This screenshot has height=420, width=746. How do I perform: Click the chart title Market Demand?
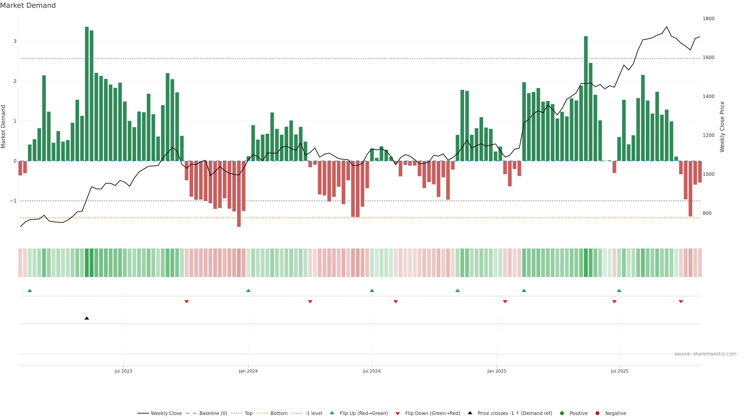point(28,5)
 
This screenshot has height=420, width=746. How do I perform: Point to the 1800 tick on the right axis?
point(708,18)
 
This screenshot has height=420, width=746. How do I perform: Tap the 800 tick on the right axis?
point(707,213)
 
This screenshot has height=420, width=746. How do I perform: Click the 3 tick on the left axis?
point(15,41)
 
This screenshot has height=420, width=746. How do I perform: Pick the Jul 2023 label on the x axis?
point(123,371)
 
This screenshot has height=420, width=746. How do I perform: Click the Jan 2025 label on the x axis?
point(497,371)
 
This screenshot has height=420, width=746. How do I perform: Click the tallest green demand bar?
point(87,93)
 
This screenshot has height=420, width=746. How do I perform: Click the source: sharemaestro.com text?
point(705,354)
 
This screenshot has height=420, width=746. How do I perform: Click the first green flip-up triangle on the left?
point(30,290)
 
